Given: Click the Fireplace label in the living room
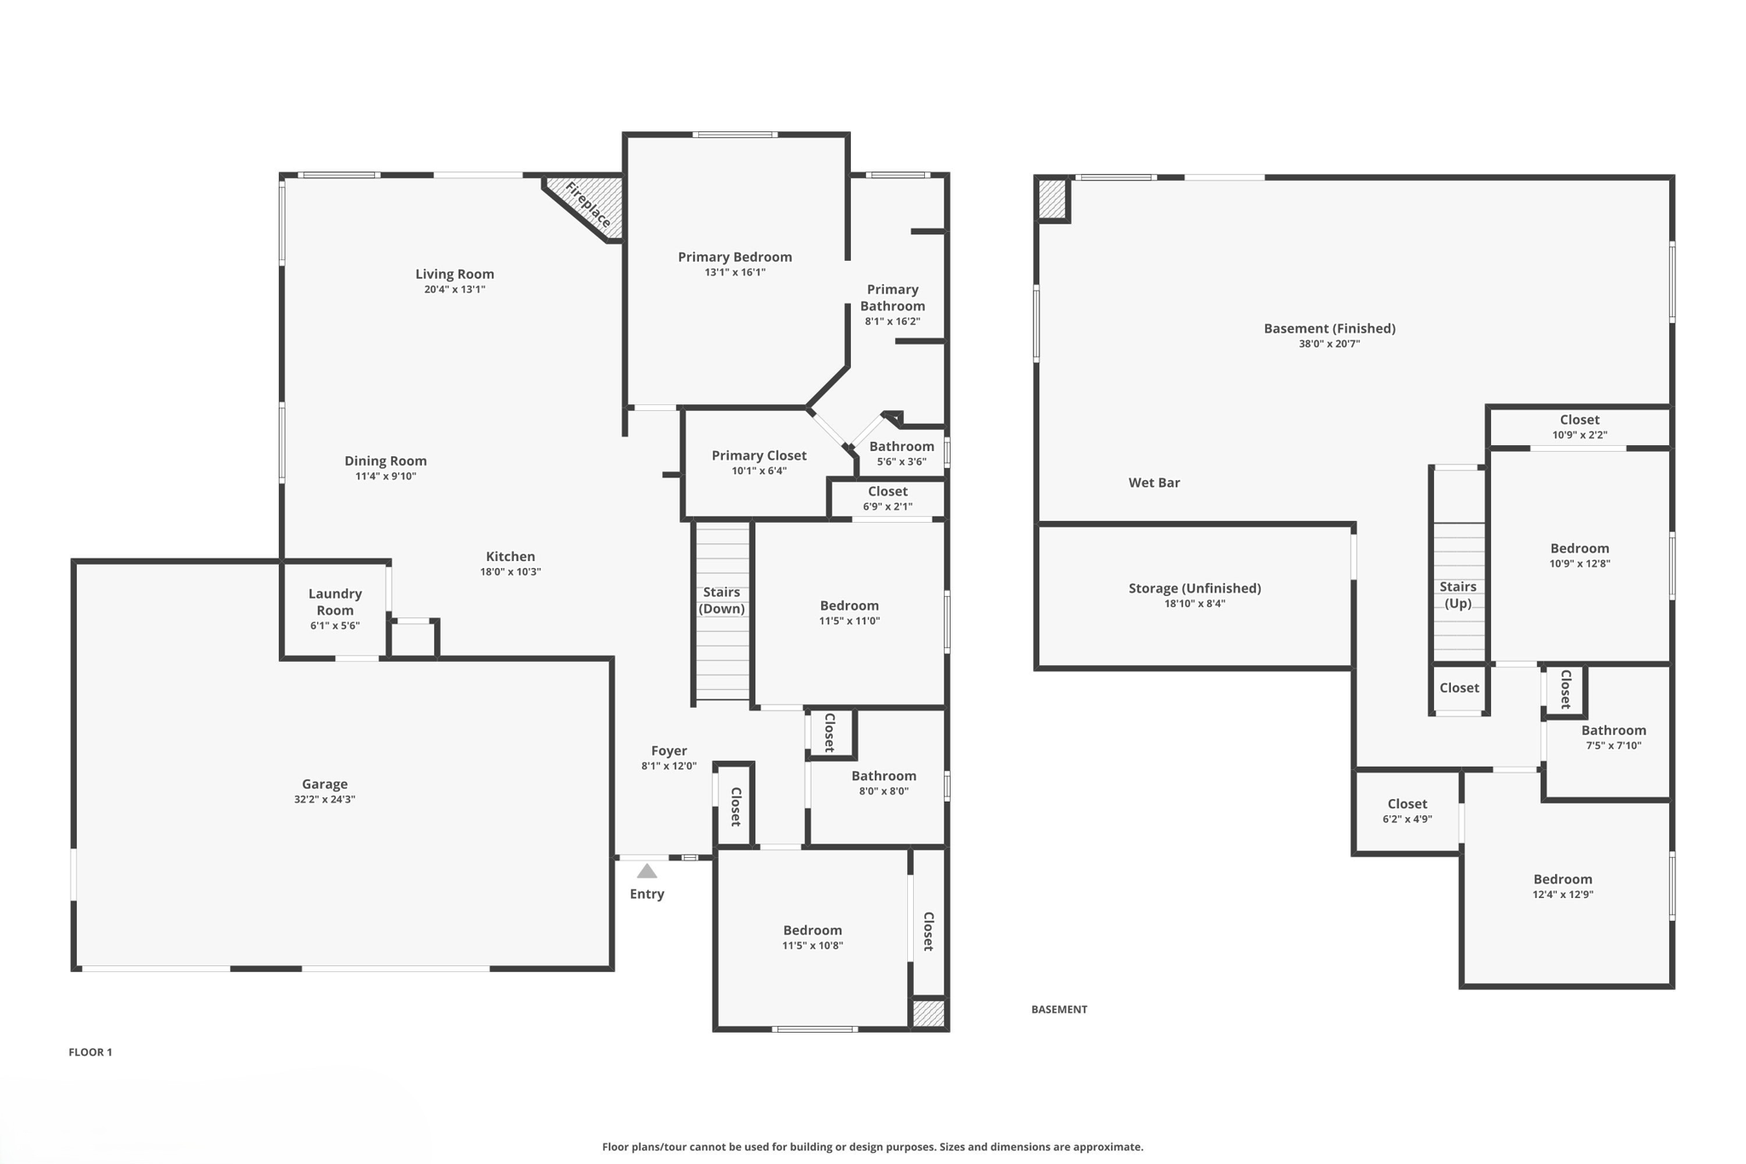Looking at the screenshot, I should point(588,205).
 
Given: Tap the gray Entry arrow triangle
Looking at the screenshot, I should point(647,872).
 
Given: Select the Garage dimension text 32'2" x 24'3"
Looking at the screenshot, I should point(325,800).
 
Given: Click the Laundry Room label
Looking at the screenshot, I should point(335,602).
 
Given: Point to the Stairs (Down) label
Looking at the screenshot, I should point(722,600).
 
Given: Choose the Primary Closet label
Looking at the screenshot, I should point(759,455).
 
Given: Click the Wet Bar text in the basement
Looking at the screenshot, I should point(1154,483).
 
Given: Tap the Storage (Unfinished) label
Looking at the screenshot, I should point(1194,588).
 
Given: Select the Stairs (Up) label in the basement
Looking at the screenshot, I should point(1458,595).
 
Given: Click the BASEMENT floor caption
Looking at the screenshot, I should point(1059,1010).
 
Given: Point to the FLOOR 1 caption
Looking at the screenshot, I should point(90,1052).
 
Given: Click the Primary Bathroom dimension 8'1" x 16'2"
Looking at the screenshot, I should point(893,321).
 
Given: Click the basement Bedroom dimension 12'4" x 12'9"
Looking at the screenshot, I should point(1563,895).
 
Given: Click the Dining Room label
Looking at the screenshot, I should point(385,460).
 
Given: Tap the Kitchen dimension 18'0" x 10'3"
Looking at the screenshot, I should point(511,572).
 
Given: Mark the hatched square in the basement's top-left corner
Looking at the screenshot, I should point(1052,199).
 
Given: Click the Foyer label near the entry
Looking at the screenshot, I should point(669,750).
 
